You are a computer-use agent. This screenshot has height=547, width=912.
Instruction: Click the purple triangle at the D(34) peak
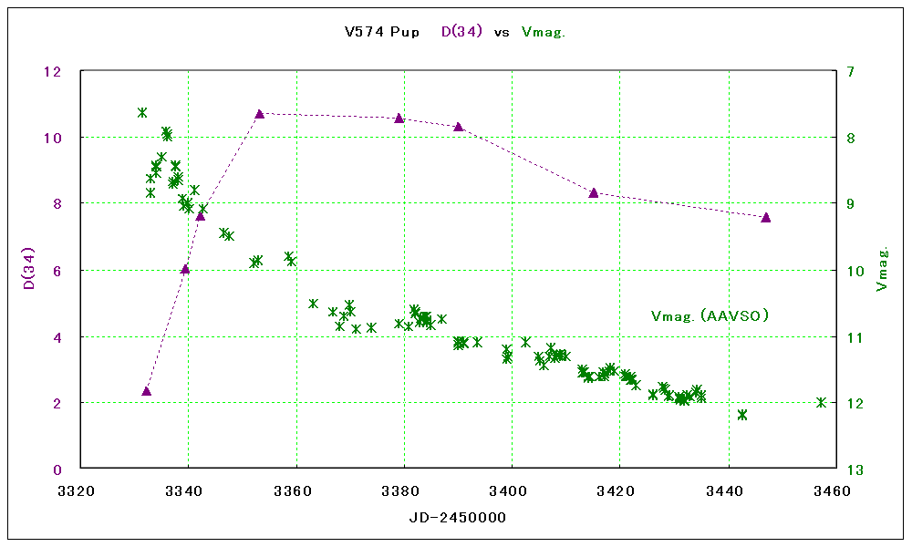pos(260,114)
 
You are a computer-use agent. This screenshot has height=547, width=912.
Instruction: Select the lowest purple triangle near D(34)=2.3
pos(147,391)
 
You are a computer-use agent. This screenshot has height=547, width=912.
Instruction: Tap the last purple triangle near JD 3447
pos(766,217)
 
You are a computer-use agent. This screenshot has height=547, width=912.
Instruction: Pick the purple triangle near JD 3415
pos(594,192)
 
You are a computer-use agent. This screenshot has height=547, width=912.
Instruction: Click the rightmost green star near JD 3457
pos(821,402)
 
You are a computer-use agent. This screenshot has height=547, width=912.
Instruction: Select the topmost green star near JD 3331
pos(142,112)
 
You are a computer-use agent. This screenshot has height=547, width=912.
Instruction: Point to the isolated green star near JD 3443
pos(742,415)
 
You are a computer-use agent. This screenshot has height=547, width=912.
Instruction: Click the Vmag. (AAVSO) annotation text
pos(710,316)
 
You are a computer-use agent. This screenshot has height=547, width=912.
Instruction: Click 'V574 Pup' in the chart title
pos(382,32)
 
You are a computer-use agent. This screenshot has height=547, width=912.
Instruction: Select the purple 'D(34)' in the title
pos(462,32)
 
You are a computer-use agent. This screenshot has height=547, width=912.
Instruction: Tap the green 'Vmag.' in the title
pos(544,32)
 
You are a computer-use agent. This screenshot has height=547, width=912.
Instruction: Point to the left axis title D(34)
pos(29,269)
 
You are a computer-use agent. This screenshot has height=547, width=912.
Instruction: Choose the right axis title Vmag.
pos(882,269)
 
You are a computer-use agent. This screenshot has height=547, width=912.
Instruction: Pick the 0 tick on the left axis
pos(57,470)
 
